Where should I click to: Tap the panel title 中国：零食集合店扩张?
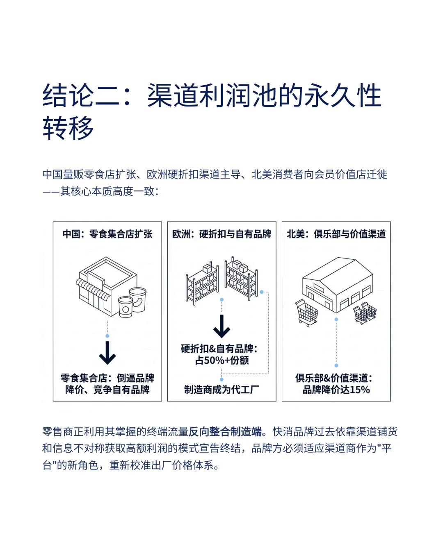point(107,234)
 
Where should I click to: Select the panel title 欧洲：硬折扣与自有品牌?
point(222,234)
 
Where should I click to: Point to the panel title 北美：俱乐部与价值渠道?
point(336,234)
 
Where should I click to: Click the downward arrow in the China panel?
point(107,353)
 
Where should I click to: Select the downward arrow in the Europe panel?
point(222,326)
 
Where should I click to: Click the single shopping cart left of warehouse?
point(307,313)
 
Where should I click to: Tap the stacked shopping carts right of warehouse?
point(365,313)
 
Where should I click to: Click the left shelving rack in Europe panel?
point(202,283)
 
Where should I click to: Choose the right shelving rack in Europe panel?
point(241,279)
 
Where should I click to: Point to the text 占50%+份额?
point(222,360)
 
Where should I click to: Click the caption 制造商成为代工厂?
point(222,390)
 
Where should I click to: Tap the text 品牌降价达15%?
point(336,390)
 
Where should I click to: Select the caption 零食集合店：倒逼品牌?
point(107,378)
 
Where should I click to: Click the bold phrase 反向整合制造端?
point(225,432)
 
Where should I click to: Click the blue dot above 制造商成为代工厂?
point(222,380)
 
